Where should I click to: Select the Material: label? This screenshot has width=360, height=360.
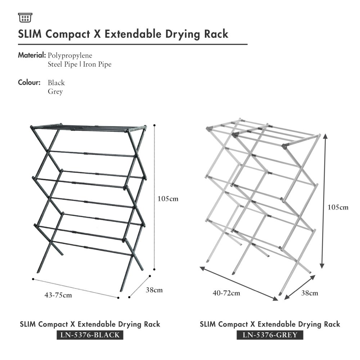32,55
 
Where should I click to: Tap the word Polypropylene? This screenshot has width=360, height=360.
70,55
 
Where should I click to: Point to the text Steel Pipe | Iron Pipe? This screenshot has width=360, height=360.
80,64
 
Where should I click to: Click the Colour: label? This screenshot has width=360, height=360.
29,82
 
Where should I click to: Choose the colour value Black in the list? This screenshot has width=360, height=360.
56,83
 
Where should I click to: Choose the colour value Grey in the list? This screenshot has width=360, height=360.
55,91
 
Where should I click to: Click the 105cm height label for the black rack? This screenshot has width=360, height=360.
168,198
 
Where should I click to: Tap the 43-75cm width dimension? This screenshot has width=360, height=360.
58,295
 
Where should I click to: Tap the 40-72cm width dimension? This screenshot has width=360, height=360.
226,293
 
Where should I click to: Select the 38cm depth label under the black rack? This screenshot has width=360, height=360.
154,290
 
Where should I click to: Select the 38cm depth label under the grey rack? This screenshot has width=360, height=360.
309,293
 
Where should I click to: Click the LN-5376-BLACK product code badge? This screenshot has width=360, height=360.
90,335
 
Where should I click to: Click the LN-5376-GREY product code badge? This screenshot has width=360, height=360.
270,335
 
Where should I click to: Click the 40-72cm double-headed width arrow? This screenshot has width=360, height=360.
239,283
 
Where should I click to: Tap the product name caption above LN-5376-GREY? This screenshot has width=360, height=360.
270,324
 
